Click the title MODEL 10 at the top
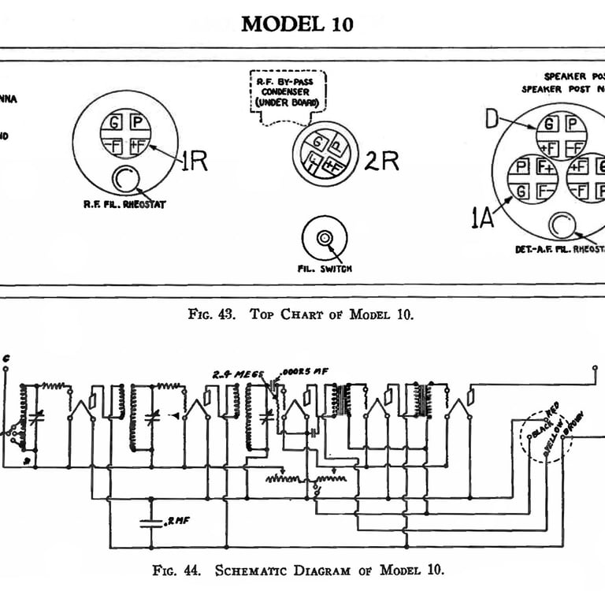[x=297, y=24]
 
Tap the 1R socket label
[x=194, y=161]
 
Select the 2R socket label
[x=381, y=161]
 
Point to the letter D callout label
[x=492, y=121]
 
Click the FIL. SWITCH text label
[x=325, y=269]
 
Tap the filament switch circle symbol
[x=324, y=238]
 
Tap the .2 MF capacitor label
[x=177, y=521]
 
